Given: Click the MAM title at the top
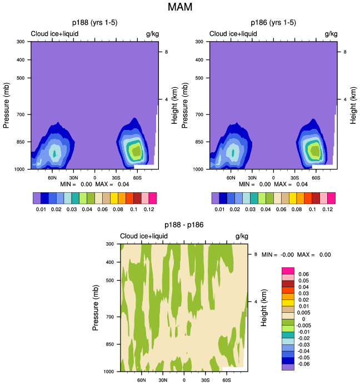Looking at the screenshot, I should click(179, 8).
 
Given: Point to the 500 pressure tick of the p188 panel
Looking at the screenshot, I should click(20, 78).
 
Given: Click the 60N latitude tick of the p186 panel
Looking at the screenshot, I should click(231, 178).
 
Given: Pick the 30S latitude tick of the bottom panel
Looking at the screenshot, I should click(205, 381).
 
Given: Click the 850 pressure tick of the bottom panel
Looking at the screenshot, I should click(109, 344).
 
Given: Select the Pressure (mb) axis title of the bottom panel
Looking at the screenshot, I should click(96, 307).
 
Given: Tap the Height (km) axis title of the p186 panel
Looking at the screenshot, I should click(353, 105).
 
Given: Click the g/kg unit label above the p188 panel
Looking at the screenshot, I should click(152, 34).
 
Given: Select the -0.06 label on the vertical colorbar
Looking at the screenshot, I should click(304, 364).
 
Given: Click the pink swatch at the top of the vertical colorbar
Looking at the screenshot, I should click(287, 271).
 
